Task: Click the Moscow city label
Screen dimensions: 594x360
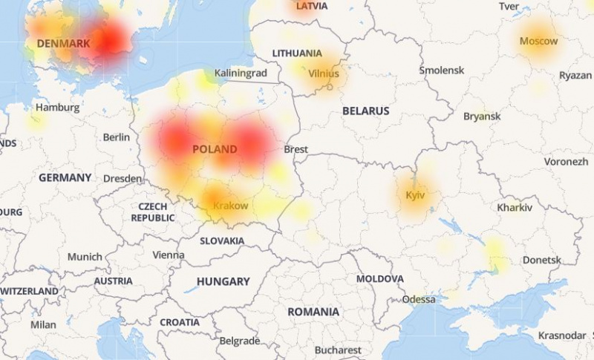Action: click(538, 41)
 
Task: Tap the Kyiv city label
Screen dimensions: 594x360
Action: click(415, 195)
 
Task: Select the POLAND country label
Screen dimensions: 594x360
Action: click(215, 149)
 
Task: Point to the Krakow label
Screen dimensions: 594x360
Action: click(230, 205)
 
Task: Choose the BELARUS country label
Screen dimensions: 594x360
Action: click(365, 111)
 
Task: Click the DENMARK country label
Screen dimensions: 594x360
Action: click(63, 44)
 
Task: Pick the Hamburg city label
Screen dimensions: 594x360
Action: click(57, 108)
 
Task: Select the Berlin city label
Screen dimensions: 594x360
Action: click(117, 137)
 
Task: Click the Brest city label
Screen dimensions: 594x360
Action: click(296, 149)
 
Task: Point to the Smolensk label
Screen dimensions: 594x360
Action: click(442, 70)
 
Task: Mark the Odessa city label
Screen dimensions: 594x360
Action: click(419, 300)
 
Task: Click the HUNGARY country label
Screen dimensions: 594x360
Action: click(223, 282)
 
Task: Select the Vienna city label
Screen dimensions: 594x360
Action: click(169, 255)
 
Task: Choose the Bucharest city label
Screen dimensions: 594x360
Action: click(337, 350)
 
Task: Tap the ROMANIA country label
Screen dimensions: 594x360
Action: click(313, 312)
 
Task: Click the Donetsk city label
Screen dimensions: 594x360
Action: click(542, 260)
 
